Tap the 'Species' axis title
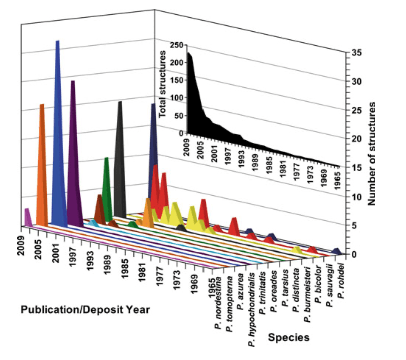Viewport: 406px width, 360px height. (289, 337)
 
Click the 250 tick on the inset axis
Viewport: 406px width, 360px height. (176, 45)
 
